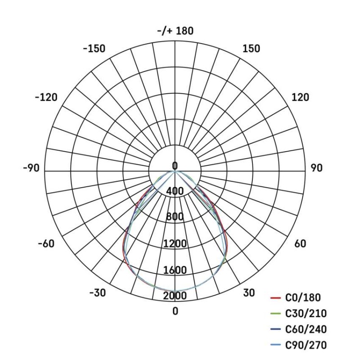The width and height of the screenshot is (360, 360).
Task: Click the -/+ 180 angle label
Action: [175, 31]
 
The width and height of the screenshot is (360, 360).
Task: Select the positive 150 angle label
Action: [251, 49]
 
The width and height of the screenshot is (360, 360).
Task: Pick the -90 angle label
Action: [31, 168]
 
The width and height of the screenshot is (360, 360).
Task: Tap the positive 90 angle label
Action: [316, 168]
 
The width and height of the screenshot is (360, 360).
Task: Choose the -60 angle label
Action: [45, 244]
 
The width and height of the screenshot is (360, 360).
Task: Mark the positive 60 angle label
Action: [300, 244]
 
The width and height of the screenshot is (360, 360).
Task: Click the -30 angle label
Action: [97, 293]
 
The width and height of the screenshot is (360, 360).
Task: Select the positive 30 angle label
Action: [249, 293]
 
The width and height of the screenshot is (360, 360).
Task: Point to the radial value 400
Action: [175, 192]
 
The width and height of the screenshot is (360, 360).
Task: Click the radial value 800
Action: [175, 217]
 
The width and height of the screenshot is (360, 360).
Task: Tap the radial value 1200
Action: [175, 244]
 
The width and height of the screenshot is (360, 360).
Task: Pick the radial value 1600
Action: [175, 270]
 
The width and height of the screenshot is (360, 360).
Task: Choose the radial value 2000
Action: [175, 296]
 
